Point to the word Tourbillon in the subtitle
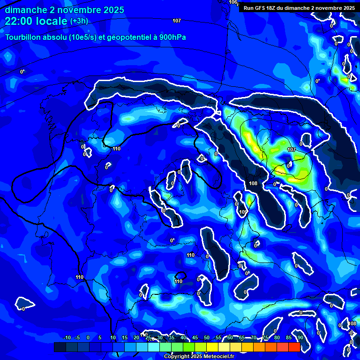pyautogui.click(x=23, y=37)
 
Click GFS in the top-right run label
pyautogui.click(x=263, y=7)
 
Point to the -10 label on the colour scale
pyautogui.click(x=67, y=337)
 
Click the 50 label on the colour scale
pyautogui.click(x=207, y=337)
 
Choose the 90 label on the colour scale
pyautogui.click(x=300, y=337)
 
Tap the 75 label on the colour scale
pyautogui.click(x=265, y=337)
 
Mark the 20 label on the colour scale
pyautogui.click(x=136, y=337)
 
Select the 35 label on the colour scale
pyautogui.click(x=172, y=337)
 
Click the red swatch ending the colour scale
pyautogui.click(x=294, y=347)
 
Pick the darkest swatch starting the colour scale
pyautogui.click(x=60, y=347)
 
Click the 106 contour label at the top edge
pyautogui.click(x=233, y=2)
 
